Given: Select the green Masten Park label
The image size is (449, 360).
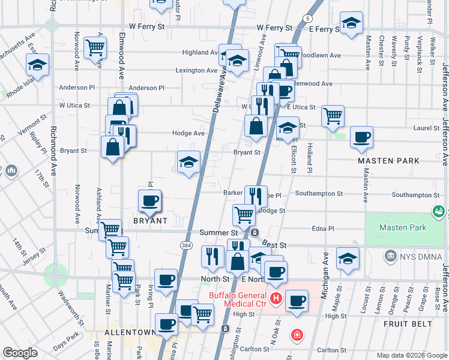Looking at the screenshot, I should coord(403,227).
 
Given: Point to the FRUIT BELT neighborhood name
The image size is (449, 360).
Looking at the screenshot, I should coord(408,324).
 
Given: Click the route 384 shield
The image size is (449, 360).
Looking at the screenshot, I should coord(186,245).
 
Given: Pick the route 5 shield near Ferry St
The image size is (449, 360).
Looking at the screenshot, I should coord(307,20).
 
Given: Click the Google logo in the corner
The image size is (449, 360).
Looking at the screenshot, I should coord(20,353).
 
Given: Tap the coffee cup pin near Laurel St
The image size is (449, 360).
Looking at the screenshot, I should coord(361,137).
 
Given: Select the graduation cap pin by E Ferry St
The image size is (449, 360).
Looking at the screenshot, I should coord(351,23).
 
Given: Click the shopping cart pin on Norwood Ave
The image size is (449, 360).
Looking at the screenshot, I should coord(95,48).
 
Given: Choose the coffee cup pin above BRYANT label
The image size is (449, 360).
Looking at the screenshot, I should coord(149,200).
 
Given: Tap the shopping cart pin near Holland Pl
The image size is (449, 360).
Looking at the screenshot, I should coord(333,115).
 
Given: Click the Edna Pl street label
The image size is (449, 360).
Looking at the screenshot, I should coord(339,228).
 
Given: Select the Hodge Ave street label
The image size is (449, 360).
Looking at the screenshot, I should coord(188,133).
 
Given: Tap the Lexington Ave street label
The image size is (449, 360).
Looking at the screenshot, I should coord(196,70).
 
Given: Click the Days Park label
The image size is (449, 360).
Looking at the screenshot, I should coord(65,347).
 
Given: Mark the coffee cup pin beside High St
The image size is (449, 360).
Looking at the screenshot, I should coord(296,301).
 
